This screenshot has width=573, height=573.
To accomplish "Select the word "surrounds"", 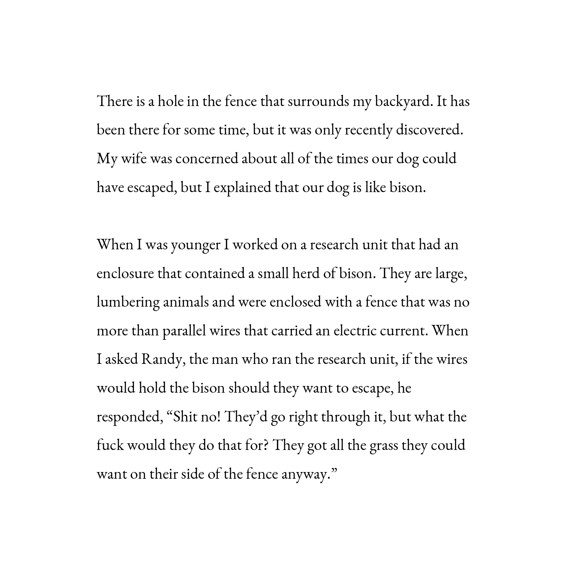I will pyautogui.click(x=318, y=102).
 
